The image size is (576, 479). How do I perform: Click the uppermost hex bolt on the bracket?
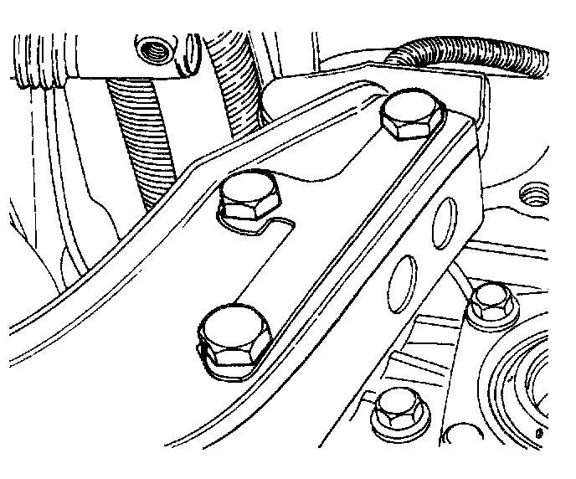click(412, 116)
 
